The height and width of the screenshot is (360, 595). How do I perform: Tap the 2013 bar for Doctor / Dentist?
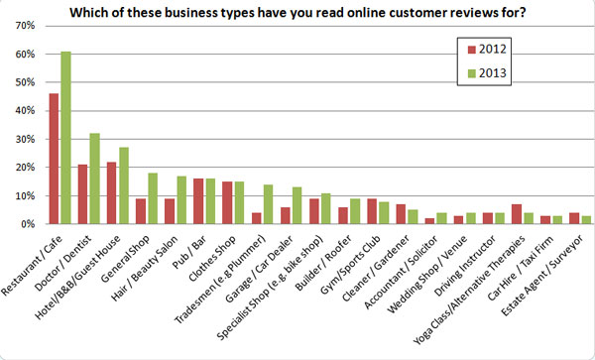[x=94, y=179]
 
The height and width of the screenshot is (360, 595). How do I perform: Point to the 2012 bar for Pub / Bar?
[x=198, y=201]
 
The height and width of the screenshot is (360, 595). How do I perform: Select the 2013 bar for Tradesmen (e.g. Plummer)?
[x=267, y=204]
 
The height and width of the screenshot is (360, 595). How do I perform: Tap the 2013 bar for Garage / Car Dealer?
[x=296, y=205]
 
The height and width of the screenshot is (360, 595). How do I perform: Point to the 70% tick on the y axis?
[x=21, y=24]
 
